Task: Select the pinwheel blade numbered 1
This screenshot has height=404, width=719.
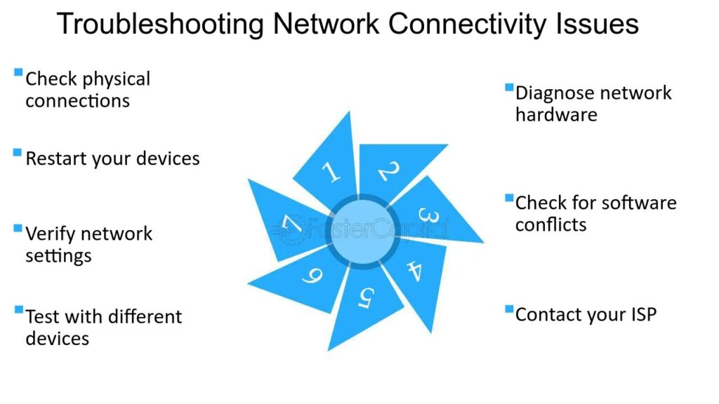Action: click(329, 168)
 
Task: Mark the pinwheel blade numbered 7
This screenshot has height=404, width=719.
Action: click(289, 223)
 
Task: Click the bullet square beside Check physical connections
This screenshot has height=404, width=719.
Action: click(18, 72)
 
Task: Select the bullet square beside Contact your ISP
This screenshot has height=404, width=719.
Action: click(508, 308)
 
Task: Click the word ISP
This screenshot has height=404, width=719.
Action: click(640, 314)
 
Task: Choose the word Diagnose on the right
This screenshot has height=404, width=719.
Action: click(557, 93)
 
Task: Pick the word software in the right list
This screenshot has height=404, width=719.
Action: click(639, 203)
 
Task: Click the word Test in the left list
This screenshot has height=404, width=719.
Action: click(41, 317)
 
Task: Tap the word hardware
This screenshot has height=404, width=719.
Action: click(556, 114)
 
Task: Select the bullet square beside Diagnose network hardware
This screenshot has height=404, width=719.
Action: click(508, 87)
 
